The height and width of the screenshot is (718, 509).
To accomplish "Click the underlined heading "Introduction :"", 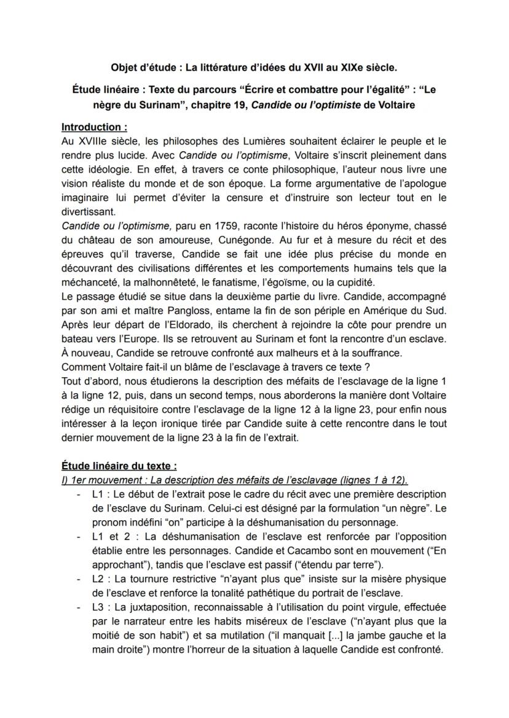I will coord(94,127).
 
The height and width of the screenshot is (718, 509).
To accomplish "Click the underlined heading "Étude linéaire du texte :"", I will coord(119,466).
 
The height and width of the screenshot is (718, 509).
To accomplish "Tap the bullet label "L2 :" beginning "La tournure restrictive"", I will coord(101,579).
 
